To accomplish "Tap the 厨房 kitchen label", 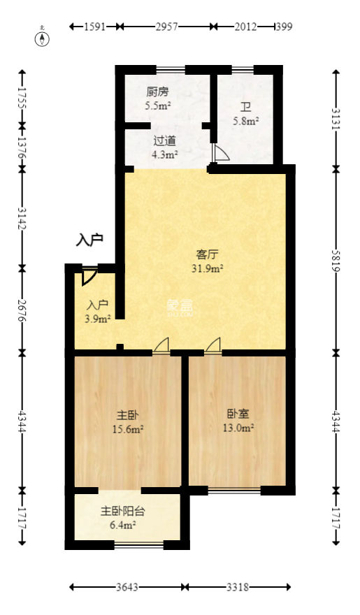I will pyautogui.click(x=157, y=92).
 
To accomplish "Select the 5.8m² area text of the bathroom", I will pyautogui.click(x=246, y=121).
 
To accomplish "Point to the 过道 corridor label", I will pyautogui.click(x=164, y=140).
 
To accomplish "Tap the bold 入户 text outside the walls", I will pyautogui.click(x=89, y=239).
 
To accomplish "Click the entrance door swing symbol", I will pyautogui.click(x=89, y=277).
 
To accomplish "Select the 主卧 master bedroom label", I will pyautogui.click(x=128, y=415).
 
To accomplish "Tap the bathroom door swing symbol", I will pyautogui.click(x=219, y=152).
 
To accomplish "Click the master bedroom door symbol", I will pyautogui.click(x=161, y=345).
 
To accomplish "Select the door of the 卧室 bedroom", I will pyautogui.click(x=213, y=345).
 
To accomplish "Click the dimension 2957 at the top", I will pyautogui.click(x=166, y=27).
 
